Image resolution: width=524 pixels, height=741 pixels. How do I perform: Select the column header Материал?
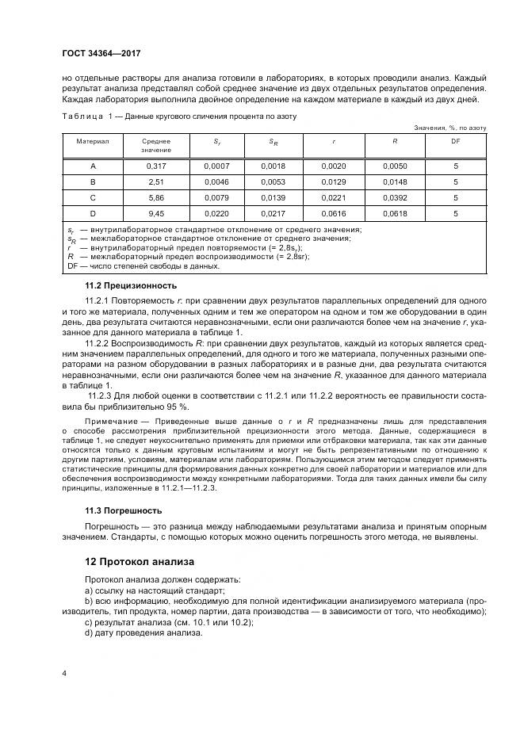click(x=92, y=140)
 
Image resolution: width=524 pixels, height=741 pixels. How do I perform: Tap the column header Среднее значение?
click(x=156, y=145)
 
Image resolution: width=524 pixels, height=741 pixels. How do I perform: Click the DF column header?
click(x=455, y=140)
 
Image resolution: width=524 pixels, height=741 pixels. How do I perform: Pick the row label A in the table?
click(x=92, y=166)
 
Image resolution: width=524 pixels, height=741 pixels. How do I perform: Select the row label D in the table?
click(x=92, y=213)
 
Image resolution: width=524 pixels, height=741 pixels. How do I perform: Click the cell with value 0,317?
click(x=156, y=166)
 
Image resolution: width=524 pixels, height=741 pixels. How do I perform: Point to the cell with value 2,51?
click(x=156, y=182)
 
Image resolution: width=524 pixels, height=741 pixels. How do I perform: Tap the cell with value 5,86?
click(x=156, y=198)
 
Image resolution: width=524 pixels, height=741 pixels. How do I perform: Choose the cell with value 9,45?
click(x=156, y=213)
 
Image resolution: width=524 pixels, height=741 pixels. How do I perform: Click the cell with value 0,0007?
click(x=216, y=166)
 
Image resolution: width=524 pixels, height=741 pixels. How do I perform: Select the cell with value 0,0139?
click(x=275, y=198)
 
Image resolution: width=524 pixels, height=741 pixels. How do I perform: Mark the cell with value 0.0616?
click(x=334, y=213)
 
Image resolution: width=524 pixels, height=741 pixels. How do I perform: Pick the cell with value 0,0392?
click(x=394, y=198)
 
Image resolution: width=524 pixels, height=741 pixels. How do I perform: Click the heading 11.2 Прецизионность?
click(x=131, y=285)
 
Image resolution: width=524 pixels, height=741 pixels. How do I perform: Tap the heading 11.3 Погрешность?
click(x=123, y=510)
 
